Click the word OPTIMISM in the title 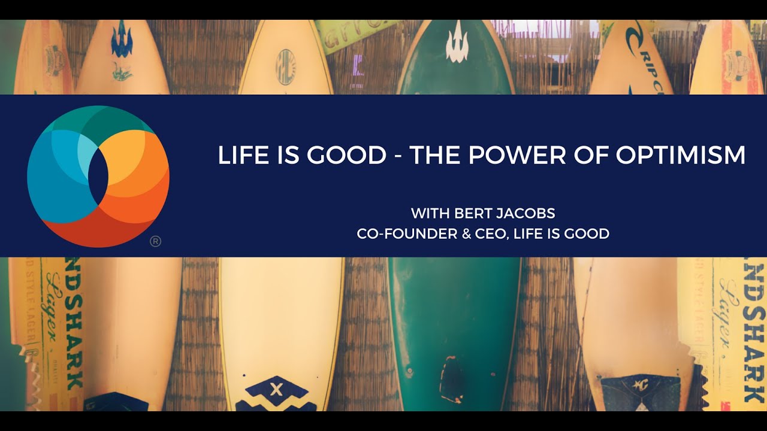point(681,155)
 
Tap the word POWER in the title point(517,155)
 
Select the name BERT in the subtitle point(470,213)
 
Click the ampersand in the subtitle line point(466,234)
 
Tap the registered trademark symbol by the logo point(155,242)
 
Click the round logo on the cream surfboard point(285,67)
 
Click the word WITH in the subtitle point(429,213)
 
